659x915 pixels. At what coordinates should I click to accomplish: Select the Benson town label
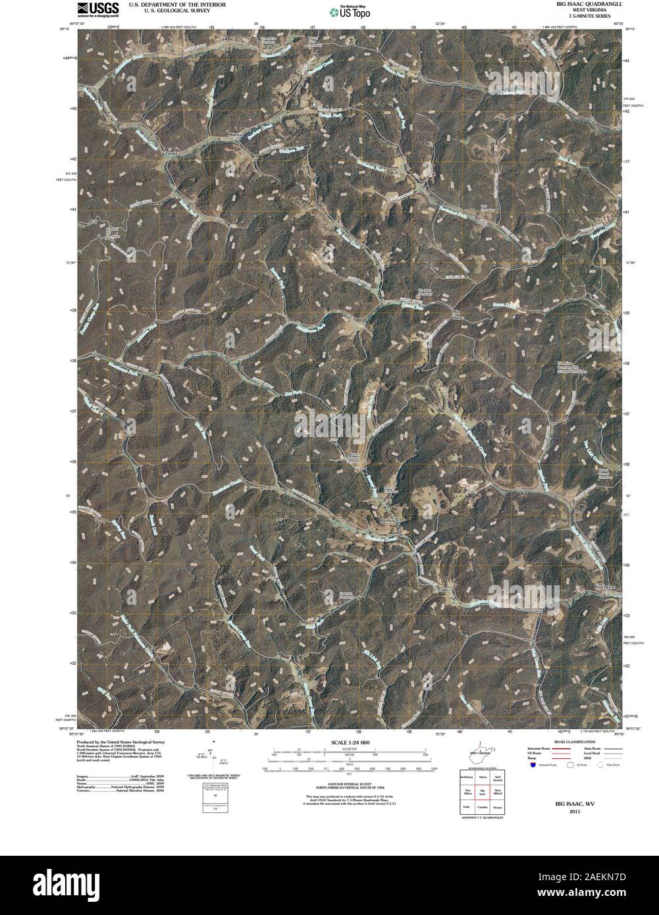(389, 520)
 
